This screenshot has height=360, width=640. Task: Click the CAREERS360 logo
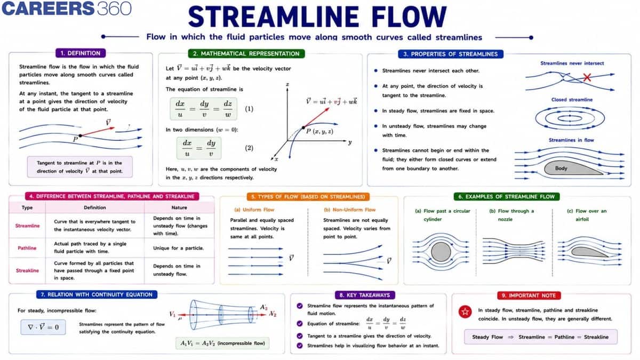click(x=66, y=9)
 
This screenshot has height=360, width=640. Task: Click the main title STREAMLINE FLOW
click(x=317, y=17)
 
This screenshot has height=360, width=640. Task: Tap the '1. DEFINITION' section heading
click(x=81, y=53)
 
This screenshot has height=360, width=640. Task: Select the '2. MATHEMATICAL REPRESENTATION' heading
click(x=246, y=54)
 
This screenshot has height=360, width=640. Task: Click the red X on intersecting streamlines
click(x=587, y=77)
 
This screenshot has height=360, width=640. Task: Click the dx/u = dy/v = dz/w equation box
click(x=203, y=109)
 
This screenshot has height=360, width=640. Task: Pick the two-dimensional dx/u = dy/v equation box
click(x=199, y=148)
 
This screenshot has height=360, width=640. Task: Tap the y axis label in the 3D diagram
click(x=350, y=142)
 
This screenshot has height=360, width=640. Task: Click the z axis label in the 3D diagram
click(x=287, y=84)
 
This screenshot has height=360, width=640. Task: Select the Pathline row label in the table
click(x=27, y=248)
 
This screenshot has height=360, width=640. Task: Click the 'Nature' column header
click(x=179, y=207)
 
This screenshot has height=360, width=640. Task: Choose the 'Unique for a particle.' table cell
click(x=178, y=248)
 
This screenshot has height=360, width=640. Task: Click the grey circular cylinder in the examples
click(x=441, y=252)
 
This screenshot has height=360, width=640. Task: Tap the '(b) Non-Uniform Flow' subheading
click(x=349, y=210)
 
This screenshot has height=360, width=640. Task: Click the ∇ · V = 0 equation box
click(x=43, y=327)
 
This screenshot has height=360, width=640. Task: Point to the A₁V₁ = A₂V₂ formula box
click(x=222, y=343)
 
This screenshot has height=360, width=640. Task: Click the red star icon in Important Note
click(x=465, y=311)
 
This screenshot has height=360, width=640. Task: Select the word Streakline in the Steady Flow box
click(x=596, y=337)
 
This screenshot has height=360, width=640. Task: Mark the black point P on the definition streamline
click(x=81, y=135)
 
